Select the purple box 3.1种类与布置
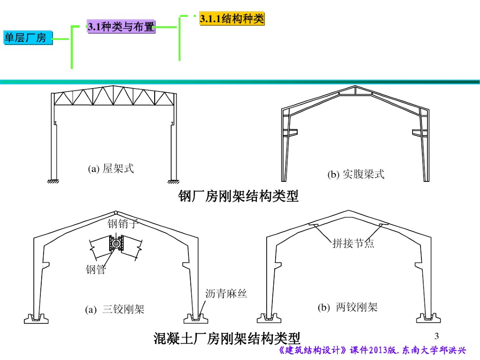coord(121,27)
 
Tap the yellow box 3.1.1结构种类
coord(232,19)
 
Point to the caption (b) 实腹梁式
coord(356,174)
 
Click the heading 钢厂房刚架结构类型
coord(239,196)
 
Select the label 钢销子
coord(123,224)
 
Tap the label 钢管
coord(96,270)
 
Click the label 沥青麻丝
coord(226,294)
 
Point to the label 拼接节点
coord(353,243)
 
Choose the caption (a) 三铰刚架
coord(115,309)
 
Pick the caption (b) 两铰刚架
coord(347,307)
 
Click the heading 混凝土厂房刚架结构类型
coord(227,337)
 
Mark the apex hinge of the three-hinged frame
coord(115,212)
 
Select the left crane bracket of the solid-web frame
coord(292,132)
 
